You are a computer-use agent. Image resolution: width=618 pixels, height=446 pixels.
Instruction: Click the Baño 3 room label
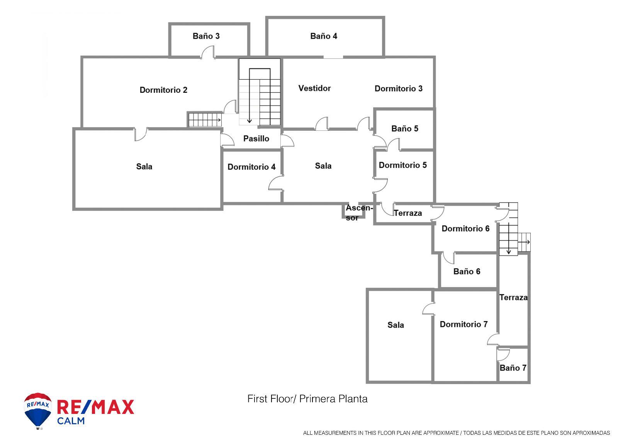pyautogui.click(x=206, y=36)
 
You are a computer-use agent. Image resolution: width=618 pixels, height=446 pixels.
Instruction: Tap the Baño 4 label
pyautogui.click(x=324, y=36)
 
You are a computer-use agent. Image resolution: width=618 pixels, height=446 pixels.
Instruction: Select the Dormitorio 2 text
pyautogui.click(x=163, y=90)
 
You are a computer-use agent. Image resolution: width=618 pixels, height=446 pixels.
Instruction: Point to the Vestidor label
pyautogui.click(x=314, y=88)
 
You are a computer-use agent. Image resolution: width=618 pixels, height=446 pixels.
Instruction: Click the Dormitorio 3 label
pyautogui.click(x=398, y=89)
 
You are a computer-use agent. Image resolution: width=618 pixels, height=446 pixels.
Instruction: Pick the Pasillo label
pyautogui.click(x=256, y=138)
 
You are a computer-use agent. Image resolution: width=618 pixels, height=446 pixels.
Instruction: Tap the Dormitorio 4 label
pyautogui.click(x=251, y=167)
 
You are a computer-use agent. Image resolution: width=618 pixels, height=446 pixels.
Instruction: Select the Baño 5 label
pyautogui.click(x=405, y=128)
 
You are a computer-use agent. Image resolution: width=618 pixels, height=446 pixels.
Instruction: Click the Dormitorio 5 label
pyautogui.click(x=402, y=165)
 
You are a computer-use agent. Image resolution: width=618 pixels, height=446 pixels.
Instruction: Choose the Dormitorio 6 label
pyautogui.click(x=465, y=229)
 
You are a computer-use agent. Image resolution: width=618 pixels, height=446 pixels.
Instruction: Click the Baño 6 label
pyautogui.click(x=467, y=272)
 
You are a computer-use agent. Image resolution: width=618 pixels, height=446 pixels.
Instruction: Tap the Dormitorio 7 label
pyautogui.click(x=463, y=324)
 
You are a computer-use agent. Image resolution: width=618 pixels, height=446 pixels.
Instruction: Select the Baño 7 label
pyautogui.click(x=513, y=368)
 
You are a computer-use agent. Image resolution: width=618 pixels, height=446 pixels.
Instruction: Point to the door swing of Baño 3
pyautogui.click(x=207, y=52)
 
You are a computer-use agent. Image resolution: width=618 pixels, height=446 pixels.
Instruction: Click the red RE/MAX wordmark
pyautogui.click(x=95, y=407)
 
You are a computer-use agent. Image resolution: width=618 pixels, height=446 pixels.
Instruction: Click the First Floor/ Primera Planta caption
pyautogui.click(x=307, y=399)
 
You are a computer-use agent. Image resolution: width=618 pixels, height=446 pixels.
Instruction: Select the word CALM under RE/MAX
pyautogui.click(x=71, y=421)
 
